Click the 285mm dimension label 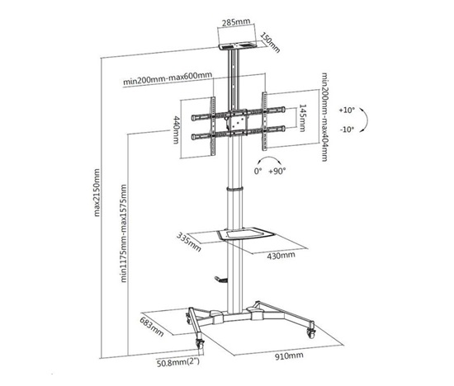pos(236,22)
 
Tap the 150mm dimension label pos(271,42)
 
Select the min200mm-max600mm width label pos(168,78)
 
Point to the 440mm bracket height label pos(176,129)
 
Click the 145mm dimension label pos(301,118)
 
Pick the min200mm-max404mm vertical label pos(325,116)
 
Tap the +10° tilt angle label pos(348,110)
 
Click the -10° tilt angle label pos(347,129)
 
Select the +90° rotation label pos(277,171)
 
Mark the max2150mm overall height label pos(97,193)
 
